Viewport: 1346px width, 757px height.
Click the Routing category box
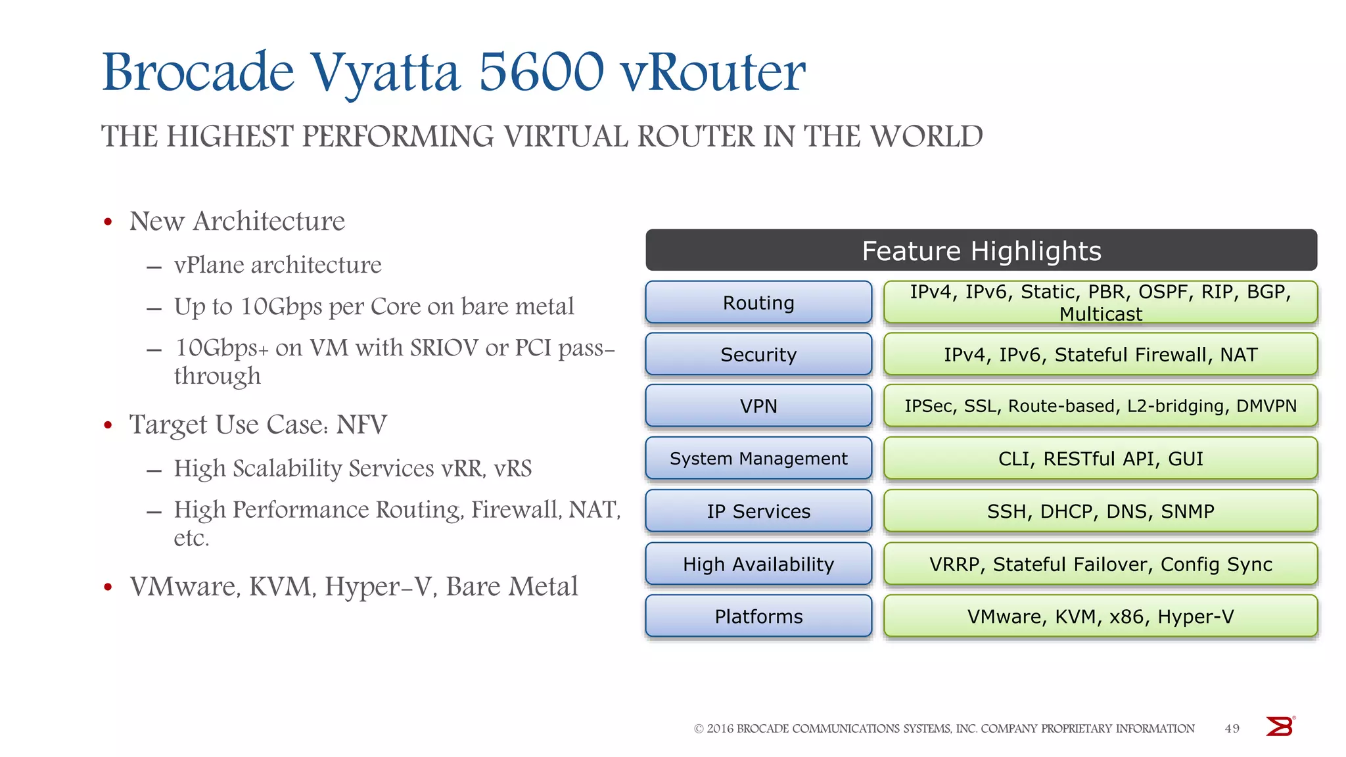tap(758, 302)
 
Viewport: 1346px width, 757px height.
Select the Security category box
tap(758, 354)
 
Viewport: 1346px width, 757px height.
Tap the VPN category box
tap(758, 406)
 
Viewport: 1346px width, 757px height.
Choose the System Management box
tap(758, 458)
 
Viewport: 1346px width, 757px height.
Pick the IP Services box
tap(758, 511)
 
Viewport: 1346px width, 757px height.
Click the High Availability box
tap(758, 564)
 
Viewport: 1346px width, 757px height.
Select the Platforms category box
tap(758, 616)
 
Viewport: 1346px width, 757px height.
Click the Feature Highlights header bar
tap(981, 250)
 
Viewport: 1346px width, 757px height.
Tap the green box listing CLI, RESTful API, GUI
tap(1100, 458)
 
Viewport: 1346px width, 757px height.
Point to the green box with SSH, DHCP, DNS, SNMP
tap(1100, 511)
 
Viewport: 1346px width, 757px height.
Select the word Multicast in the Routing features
tap(1101, 314)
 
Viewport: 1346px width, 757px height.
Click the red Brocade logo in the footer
tap(1280, 727)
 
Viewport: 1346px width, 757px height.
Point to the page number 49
tap(1232, 728)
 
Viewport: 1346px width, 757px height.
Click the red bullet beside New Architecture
tap(108, 222)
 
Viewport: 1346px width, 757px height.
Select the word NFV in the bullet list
tap(361, 424)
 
